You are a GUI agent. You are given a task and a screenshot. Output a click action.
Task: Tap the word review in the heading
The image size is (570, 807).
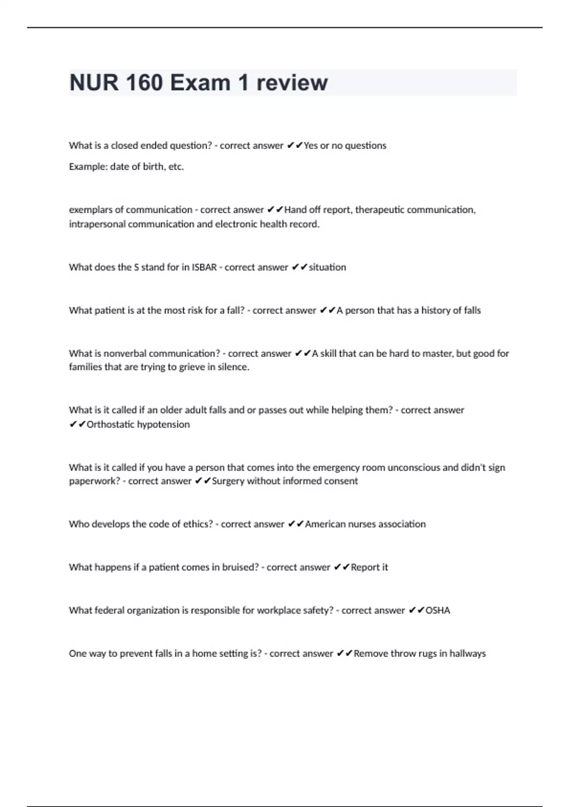tap(292, 83)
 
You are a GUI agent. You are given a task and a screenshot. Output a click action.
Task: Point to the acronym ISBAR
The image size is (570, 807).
tap(204, 267)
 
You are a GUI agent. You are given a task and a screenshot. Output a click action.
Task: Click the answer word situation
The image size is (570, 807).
tap(327, 267)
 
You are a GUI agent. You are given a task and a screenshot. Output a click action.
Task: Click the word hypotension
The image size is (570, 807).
tap(163, 424)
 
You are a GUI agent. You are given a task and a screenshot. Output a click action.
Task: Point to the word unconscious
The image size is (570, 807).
tap(414, 468)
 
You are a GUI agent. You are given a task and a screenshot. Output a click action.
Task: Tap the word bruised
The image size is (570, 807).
tap(240, 567)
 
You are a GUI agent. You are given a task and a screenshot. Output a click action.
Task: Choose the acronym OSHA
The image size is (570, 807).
tap(437, 610)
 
